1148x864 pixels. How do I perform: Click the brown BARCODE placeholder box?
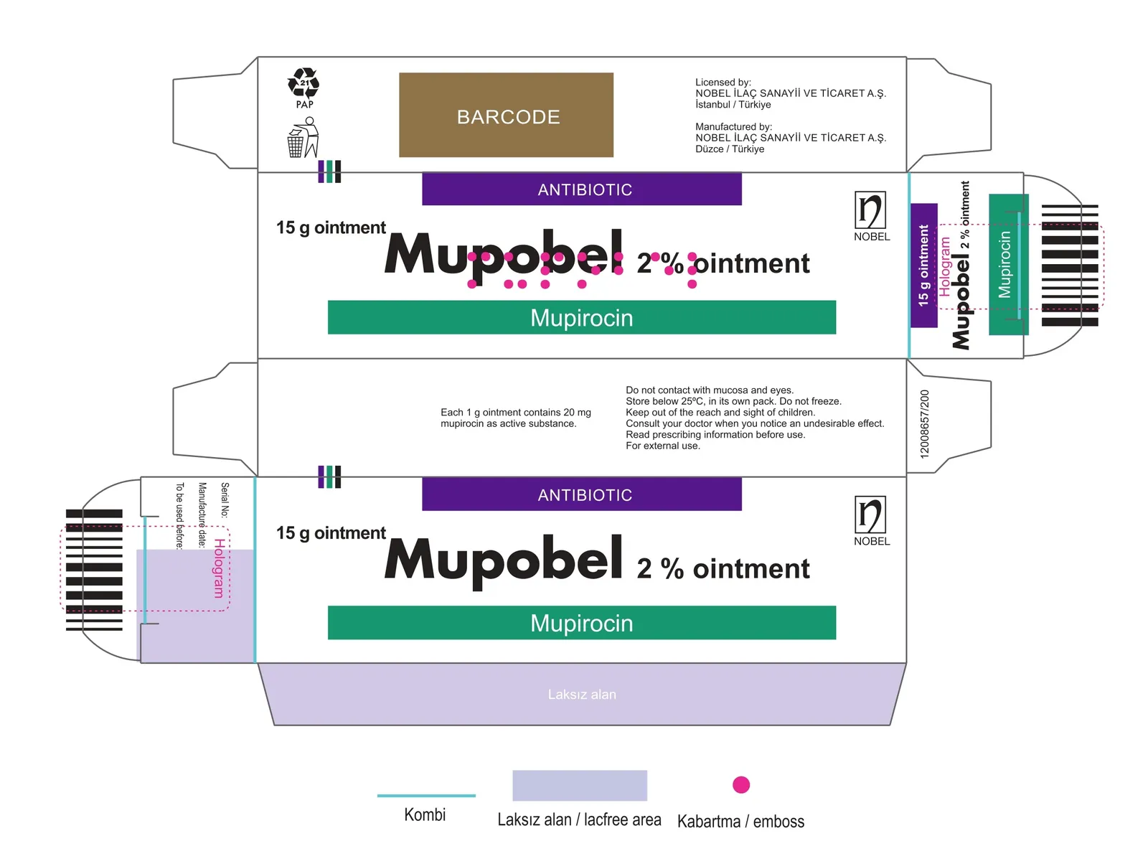click(x=506, y=115)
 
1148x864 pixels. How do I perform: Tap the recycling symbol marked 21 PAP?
click(x=304, y=88)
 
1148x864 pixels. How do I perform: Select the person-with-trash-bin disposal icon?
click(x=304, y=137)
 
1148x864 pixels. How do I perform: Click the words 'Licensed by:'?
click(x=723, y=82)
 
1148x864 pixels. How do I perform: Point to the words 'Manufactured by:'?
click(x=733, y=126)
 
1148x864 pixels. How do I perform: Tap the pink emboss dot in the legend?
click(x=741, y=784)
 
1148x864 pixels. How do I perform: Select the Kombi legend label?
click(x=425, y=814)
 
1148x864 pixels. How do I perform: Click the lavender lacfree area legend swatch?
click(x=580, y=785)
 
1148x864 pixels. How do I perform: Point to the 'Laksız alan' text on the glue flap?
click(x=582, y=694)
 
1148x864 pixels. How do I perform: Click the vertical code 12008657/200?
click(x=924, y=424)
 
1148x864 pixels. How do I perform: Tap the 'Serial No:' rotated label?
click(x=225, y=499)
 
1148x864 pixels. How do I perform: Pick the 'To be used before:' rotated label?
click(x=179, y=516)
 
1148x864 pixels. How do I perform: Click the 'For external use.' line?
click(x=663, y=446)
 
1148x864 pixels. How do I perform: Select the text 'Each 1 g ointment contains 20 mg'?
click(x=516, y=412)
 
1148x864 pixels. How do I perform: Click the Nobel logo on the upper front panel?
click(x=871, y=216)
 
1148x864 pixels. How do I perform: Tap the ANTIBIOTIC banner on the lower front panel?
click(x=582, y=494)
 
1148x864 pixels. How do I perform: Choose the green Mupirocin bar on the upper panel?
click(x=582, y=317)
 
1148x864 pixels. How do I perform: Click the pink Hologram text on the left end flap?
click(x=219, y=568)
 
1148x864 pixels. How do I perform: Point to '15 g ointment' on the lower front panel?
click(x=331, y=532)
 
